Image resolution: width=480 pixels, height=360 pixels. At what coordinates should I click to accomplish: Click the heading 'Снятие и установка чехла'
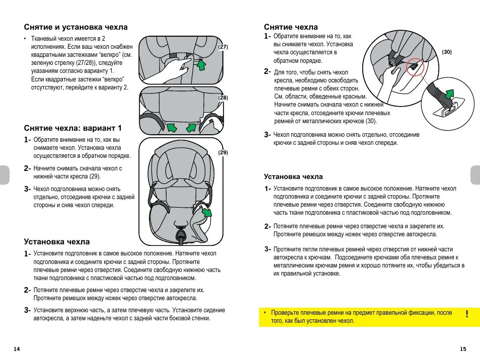point(76,27)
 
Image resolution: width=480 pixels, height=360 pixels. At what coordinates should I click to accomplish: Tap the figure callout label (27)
point(223,47)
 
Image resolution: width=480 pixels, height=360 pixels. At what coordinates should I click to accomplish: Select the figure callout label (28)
point(223,98)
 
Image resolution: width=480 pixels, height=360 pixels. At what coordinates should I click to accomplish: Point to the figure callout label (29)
point(223,152)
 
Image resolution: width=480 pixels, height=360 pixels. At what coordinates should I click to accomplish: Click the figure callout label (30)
point(447,52)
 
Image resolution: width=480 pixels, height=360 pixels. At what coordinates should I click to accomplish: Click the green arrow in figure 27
point(202,65)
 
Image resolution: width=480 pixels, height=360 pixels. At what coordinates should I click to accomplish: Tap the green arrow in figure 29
point(206,214)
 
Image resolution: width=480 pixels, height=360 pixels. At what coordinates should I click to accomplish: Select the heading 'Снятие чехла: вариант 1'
point(73,128)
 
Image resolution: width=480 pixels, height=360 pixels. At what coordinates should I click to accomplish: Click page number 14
point(17,349)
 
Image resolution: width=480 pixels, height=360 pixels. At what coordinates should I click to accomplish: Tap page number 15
point(463,349)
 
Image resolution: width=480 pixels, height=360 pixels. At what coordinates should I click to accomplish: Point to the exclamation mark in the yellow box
point(467,314)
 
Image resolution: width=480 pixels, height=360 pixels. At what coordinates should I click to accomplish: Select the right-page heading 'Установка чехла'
point(293,177)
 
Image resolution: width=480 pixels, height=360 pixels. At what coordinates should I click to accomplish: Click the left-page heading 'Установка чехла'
point(57,242)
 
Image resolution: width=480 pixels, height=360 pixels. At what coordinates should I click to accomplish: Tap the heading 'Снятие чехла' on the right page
point(291,27)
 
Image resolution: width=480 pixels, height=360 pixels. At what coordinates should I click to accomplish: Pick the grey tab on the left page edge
point(4,175)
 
